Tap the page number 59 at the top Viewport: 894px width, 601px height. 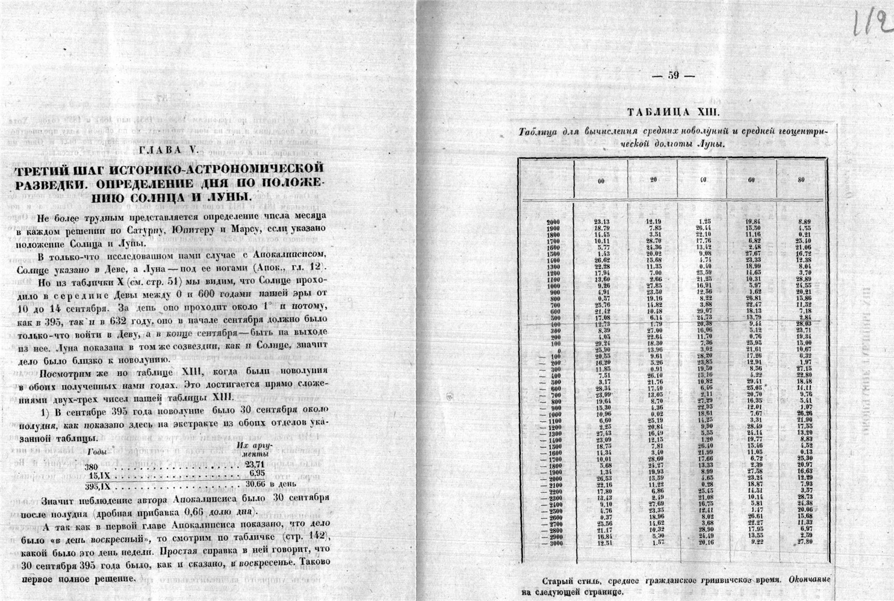coord(674,76)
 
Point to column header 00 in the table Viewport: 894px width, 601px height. coord(600,181)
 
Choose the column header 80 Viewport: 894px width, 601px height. coord(800,181)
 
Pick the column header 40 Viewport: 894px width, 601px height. coord(701,181)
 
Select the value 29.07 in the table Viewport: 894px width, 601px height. coord(702,310)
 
